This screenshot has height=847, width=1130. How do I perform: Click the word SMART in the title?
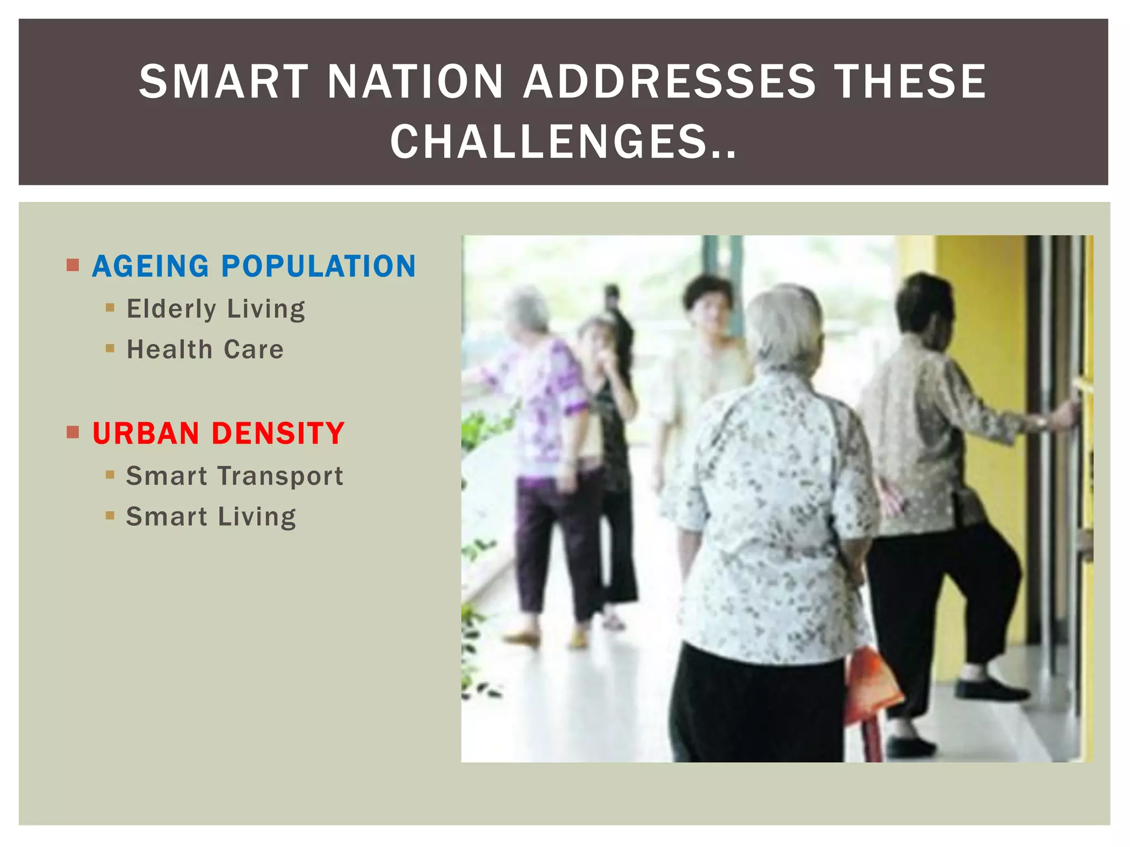click(223, 82)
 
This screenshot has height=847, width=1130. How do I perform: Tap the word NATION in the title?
click(415, 82)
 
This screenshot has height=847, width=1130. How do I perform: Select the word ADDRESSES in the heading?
click(669, 82)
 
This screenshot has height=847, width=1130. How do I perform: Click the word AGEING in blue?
click(151, 266)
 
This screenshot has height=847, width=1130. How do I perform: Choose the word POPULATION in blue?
click(318, 266)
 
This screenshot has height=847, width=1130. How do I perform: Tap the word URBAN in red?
click(146, 433)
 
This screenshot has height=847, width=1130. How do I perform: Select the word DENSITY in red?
click(278, 433)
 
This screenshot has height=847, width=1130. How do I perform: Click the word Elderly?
click(171, 309)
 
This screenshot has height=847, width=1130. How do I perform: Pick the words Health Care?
click(205, 350)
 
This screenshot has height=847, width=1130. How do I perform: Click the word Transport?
click(280, 476)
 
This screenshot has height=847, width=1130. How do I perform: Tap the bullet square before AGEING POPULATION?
click(73, 265)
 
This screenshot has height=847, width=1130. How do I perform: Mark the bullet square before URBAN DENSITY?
click(73, 432)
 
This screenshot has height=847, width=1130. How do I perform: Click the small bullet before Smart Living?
click(110, 516)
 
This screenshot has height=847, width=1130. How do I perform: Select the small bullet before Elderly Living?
click(110, 308)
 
